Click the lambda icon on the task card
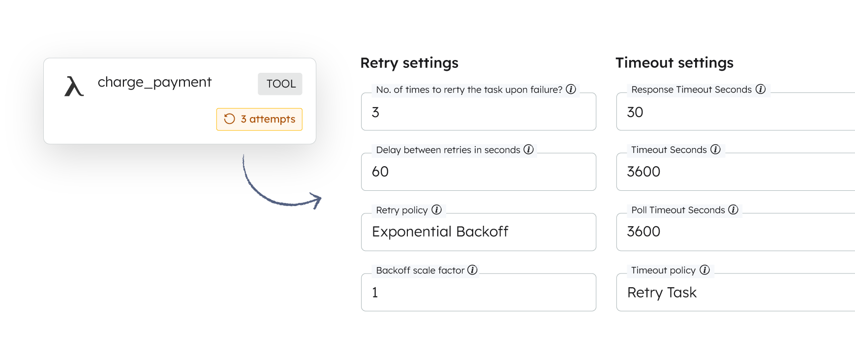tap(74, 86)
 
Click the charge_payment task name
tap(154, 82)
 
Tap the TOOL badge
tap(280, 84)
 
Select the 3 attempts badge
tap(259, 119)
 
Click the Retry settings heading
tap(409, 63)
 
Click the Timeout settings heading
tap(674, 63)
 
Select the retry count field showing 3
tap(479, 112)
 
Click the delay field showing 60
tap(479, 172)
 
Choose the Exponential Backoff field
tap(479, 232)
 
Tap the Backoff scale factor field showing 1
tap(479, 292)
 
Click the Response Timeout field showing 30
tap(735, 112)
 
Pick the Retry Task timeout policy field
tap(735, 292)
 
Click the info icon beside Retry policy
tap(436, 210)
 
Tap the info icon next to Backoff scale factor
tap(472, 270)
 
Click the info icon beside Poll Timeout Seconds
tap(733, 210)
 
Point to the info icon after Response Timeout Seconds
tap(761, 89)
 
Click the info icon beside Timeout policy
tap(704, 270)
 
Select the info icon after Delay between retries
tap(528, 149)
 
